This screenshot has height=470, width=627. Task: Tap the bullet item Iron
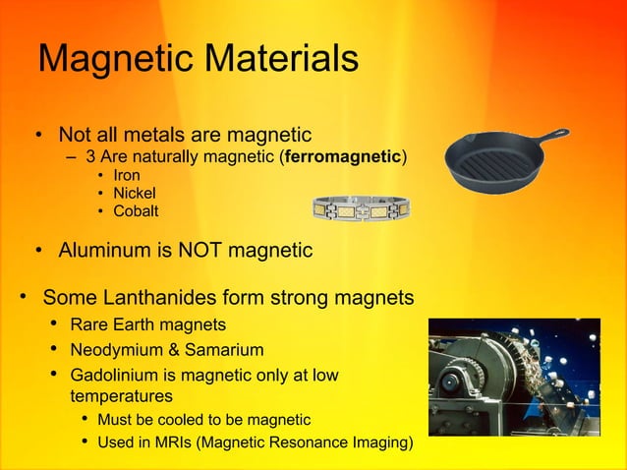127,176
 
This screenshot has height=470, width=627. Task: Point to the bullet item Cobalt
135,211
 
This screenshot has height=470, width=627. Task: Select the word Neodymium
120,349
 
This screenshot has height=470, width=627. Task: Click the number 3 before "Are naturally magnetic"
90,157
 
